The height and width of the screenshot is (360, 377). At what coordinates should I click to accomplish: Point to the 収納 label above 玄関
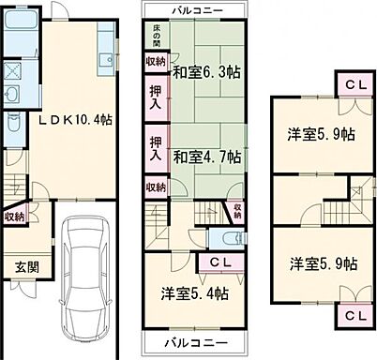pyautogui.click(x=14, y=217)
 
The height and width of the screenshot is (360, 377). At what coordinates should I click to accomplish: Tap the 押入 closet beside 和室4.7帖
pyautogui.click(x=158, y=147)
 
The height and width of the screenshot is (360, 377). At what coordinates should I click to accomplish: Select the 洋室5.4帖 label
pyautogui.click(x=194, y=293)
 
